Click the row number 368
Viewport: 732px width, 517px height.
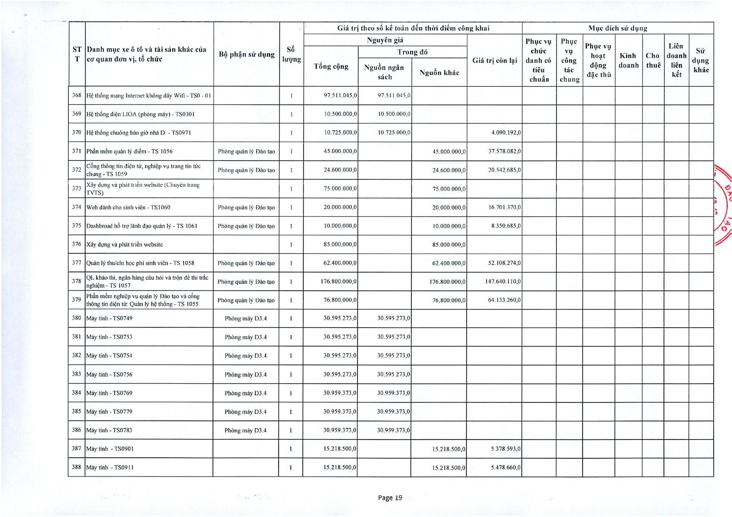[77, 95]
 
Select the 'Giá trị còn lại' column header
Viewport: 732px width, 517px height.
[495, 60]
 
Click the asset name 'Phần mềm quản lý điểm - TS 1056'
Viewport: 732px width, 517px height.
[129, 151]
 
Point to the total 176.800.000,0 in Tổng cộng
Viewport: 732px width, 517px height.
[338, 281]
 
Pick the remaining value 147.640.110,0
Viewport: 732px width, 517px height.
[503, 281]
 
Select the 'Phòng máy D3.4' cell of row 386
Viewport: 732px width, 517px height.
[245, 430]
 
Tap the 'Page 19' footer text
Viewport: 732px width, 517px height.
[390, 497]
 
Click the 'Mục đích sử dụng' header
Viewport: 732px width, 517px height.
[618, 28]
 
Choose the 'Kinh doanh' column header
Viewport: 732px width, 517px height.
[628, 60]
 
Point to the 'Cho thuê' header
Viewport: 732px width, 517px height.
[653, 60]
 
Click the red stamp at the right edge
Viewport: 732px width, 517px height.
[724, 204]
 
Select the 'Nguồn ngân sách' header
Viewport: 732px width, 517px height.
[384, 72]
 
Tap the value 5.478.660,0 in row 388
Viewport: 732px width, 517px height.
[506, 467]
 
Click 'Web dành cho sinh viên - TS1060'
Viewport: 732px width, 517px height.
[128, 207]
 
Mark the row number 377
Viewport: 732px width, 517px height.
[77, 263]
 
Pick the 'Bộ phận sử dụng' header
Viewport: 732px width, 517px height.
[247, 55]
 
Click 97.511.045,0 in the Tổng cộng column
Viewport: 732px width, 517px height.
[340, 95]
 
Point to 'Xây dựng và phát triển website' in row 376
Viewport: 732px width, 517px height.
[124, 244]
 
